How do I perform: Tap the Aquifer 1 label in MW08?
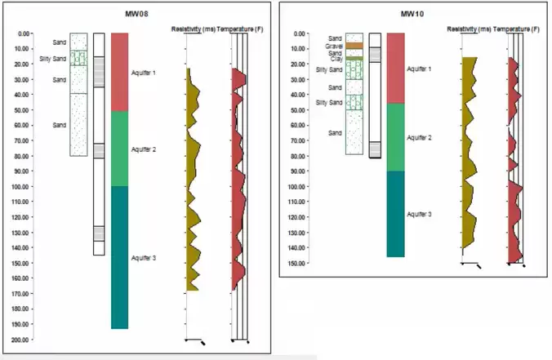point(145,73)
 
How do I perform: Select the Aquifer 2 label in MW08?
point(145,150)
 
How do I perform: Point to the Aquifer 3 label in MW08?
point(145,257)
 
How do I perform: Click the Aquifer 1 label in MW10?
point(419,69)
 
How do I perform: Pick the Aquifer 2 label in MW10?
point(419,138)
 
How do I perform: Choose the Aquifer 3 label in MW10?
point(419,213)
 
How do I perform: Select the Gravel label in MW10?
point(335,46)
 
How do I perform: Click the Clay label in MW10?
point(336,59)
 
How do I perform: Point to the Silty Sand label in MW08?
point(52,59)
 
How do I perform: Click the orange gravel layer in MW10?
point(354,46)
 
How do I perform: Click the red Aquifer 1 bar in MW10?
point(396,69)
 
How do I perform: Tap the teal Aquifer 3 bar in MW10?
point(396,214)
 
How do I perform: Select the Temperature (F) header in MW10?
point(519,29)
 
